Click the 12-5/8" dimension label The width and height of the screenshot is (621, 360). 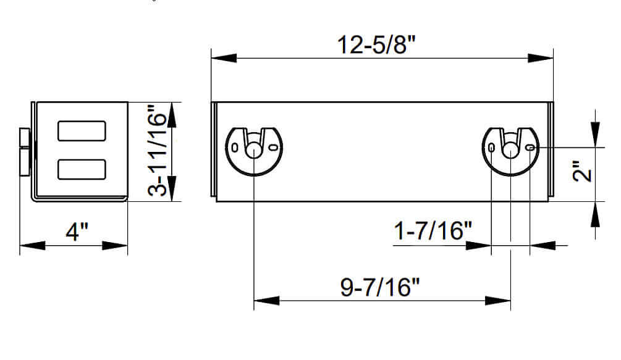376,44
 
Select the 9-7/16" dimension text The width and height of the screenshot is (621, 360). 380,287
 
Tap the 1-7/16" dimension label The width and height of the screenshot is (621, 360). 433,231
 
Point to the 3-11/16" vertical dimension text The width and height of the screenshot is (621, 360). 157,150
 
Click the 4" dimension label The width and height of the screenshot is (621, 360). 77,232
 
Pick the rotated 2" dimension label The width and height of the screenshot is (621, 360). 582,171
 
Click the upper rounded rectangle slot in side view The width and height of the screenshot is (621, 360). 82,131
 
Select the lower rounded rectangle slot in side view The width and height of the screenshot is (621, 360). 82,169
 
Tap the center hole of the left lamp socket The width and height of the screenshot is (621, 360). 253,150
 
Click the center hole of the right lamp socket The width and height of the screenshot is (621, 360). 510,150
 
